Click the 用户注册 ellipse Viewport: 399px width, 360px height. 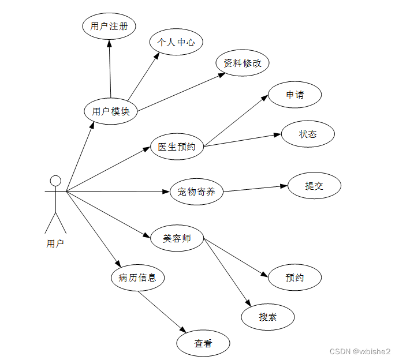pyautogui.click(x=109, y=26)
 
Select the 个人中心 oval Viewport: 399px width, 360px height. pyautogui.click(x=176, y=42)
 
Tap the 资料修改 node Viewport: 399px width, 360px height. pyautogui.click(x=243, y=63)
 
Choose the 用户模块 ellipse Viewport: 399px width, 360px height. pyautogui.click(x=111, y=111)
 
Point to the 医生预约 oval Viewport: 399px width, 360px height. pyautogui.click(x=177, y=147)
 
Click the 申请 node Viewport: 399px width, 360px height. pyautogui.click(x=294, y=95)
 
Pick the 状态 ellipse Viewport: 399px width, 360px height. pyautogui.click(x=308, y=134)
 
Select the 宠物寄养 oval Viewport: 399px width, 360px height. pyautogui.click(x=197, y=192)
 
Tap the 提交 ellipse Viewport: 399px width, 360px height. pyautogui.click(x=314, y=186)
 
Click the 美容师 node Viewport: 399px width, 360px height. pyautogui.click(x=177, y=238)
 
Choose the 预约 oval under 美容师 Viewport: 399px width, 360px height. pyautogui.click(x=294, y=277)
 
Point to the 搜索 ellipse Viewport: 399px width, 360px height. pyautogui.click(x=268, y=317)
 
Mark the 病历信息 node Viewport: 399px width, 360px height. pyautogui.click(x=137, y=277)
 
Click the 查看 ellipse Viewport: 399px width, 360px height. pyautogui.click(x=203, y=343)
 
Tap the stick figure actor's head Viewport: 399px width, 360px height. pyautogui.click(x=55, y=181)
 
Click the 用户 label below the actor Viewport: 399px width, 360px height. pyautogui.click(x=55, y=243)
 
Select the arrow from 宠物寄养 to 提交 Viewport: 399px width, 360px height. pyautogui.click(x=255, y=189)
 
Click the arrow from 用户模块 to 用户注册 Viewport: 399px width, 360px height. pyautogui.click(x=109, y=69)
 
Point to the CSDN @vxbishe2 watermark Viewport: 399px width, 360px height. pyautogui.click(x=359, y=351)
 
